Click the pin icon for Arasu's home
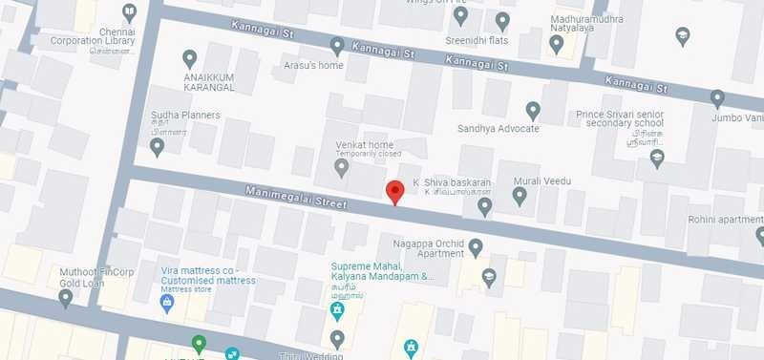[x=336, y=45]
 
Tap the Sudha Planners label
[x=185, y=116]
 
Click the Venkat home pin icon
[x=342, y=167]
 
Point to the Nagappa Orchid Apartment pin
[x=476, y=248]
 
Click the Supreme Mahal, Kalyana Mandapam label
[x=382, y=271]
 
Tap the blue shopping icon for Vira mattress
[x=165, y=303]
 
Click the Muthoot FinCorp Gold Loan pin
[x=65, y=298]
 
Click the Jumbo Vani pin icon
[x=717, y=97]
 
